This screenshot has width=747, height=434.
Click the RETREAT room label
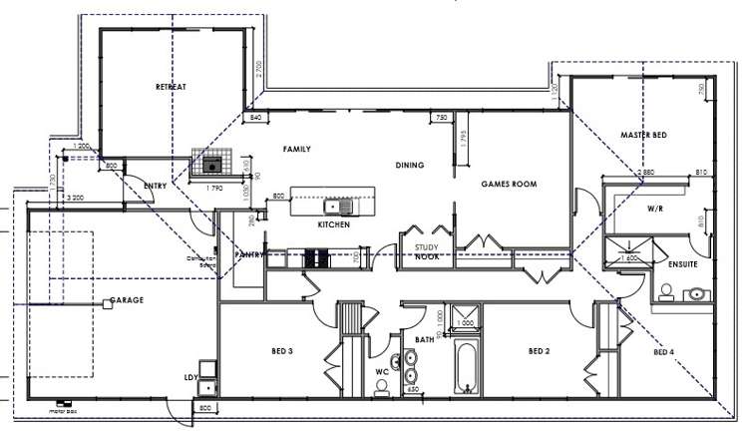pyautogui.click(x=172, y=87)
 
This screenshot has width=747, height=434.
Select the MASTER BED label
pyautogui.click(x=643, y=135)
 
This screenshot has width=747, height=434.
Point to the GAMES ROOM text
pyautogui.click(x=509, y=185)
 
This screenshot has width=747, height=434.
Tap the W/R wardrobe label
pyautogui.click(x=654, y=210)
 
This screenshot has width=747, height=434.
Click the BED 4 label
pyautogui.click(x=664, y=352)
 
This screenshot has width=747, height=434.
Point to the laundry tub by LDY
pyautogui.click(x=207, y=387)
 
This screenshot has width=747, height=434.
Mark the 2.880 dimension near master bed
pyautogui.click(x=646, y=174)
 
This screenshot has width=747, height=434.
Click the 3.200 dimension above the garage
pyautogui.click(x=75, y=200)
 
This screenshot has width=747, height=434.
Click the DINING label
pyautogui.click(x=410, y=166)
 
